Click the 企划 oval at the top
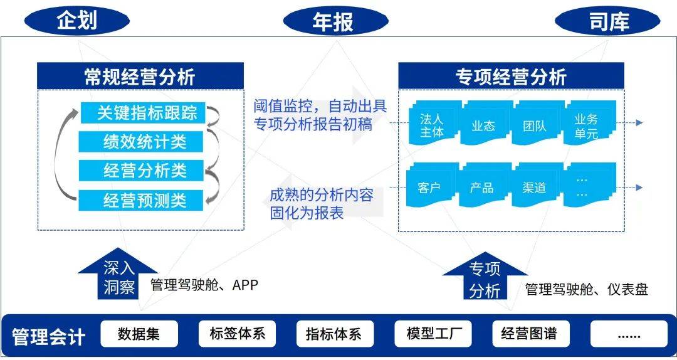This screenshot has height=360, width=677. tap(77, 21)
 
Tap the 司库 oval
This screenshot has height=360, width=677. tap(607, 21)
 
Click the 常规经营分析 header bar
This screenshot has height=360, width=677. tap(140, 77)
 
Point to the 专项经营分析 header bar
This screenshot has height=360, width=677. tap(511, 77)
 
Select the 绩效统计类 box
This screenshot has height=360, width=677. tap(143, 141)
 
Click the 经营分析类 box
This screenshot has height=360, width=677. tap(143, 170)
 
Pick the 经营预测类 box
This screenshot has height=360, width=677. tap(143, 200)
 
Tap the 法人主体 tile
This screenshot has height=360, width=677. tap(431, 125)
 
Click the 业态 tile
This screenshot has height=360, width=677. tap(483, 125)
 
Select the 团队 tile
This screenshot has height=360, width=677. tap(535, 125)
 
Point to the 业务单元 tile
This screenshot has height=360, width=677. tap(587, 125)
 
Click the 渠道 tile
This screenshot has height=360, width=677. tap(535, 187)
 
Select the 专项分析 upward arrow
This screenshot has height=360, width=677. tap(485, 278)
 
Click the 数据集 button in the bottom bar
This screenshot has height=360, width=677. tap(139, 334)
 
